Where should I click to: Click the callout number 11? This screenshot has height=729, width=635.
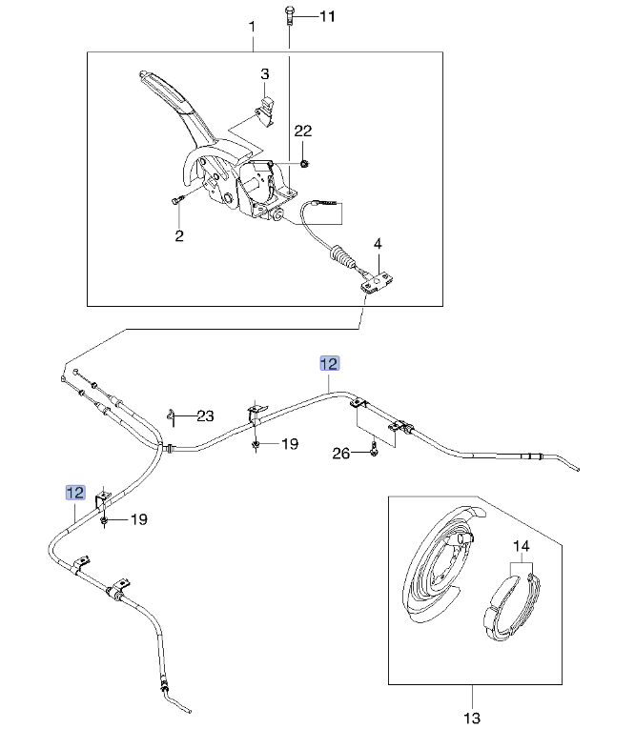click(327, 16)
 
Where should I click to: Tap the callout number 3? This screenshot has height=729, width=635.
click(266, 74)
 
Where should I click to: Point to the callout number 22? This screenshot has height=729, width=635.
click(302, 131)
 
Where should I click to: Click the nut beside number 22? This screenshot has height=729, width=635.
click(303, 163)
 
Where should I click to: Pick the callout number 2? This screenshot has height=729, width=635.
click(178, 235)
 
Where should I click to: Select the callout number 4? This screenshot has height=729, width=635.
click(378, 245)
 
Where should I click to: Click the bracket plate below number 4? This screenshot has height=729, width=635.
click(378, 281)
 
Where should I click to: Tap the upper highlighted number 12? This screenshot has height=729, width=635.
click(328, 363)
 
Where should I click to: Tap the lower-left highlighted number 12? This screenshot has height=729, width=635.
click(74, 492)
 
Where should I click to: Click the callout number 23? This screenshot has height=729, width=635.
click(206, 415)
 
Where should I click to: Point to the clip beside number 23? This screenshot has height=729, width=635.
click(174, 415)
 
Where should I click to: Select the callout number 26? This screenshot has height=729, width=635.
click(341, 454)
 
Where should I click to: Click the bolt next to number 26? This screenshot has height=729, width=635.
click(375, 451)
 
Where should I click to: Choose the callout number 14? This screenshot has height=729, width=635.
click(521, 547)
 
